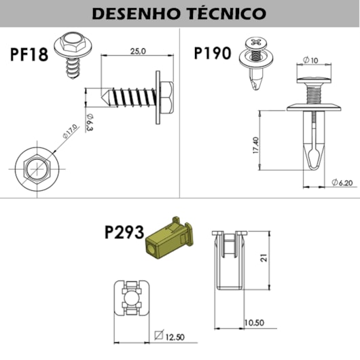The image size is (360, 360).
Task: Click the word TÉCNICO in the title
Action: pos(228,14)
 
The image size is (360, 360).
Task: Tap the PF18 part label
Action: pos(29,54)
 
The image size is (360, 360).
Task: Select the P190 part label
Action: pos(213,53)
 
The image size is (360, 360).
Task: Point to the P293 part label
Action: pos(124,232)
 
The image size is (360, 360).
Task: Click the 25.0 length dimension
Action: pos(138,51)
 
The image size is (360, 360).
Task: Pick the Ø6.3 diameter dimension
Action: pos(90,122)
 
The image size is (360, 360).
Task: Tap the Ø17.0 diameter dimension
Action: pos(70,131)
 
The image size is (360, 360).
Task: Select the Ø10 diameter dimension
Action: pos(310,60)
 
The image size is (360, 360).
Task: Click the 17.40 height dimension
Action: pos(256,145)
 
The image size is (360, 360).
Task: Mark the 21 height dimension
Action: pos(264,257)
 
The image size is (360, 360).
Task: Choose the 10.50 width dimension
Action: pos(254,323)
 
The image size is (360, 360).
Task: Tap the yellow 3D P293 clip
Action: pos(170,239)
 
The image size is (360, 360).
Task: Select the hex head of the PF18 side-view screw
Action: pos(166,98)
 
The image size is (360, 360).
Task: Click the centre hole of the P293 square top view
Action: pos(131,298)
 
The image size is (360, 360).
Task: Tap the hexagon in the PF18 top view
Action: pos(37,169)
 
